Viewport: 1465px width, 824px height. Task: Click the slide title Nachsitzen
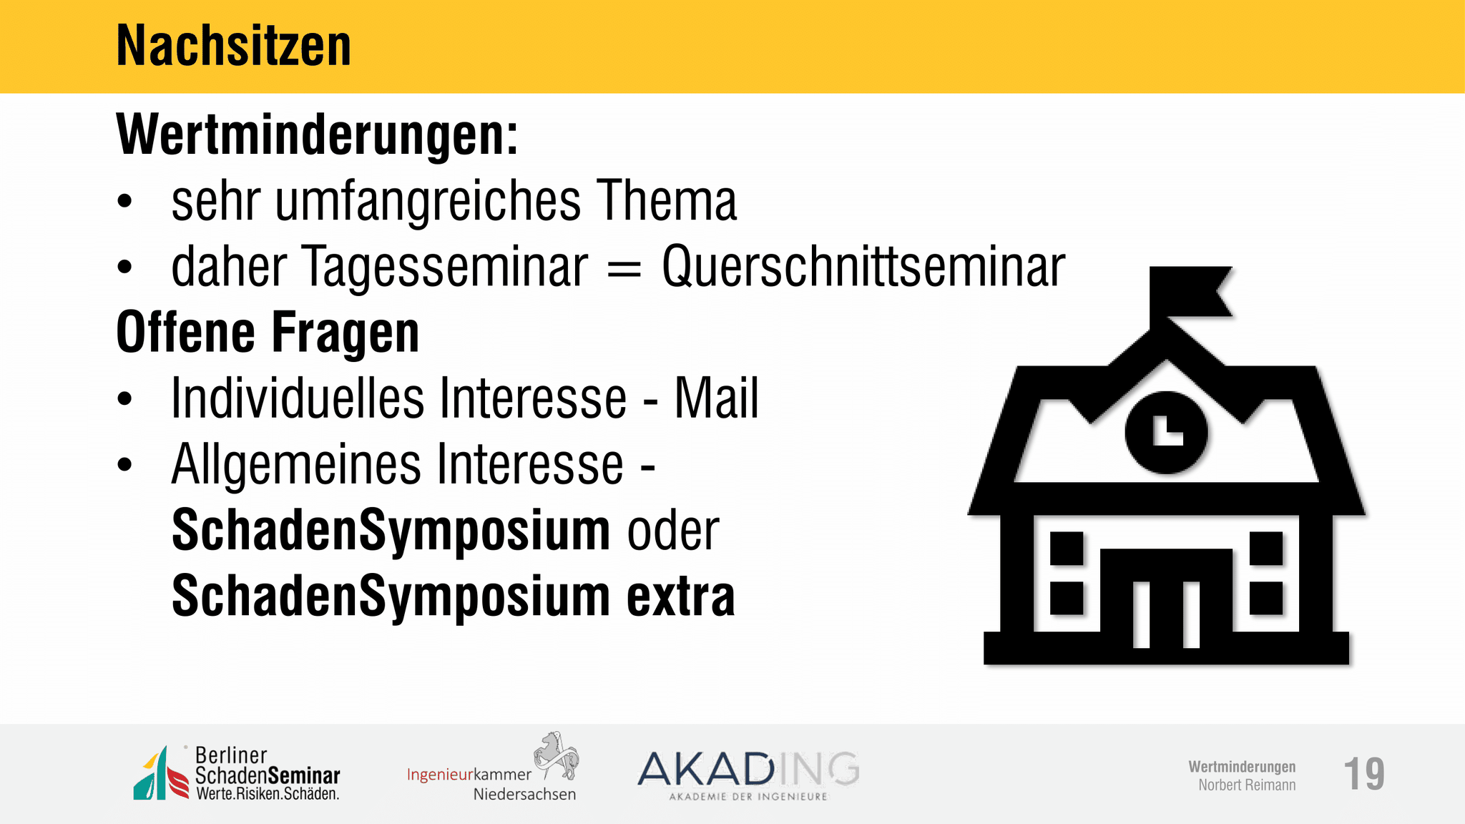tap(233, 46)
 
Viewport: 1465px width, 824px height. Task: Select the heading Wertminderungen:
tap(317, 134)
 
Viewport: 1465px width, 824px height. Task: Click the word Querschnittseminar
tap(863, 267)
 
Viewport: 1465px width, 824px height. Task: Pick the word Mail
tap(716, 398)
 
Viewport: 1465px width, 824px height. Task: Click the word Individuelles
tap(298, 398)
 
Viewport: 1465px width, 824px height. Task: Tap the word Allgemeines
tap(296, 465)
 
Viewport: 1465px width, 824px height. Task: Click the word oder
tap(673, 531)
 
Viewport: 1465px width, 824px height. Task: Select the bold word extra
tap(681, 597)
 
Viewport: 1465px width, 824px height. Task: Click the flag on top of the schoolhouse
tap(1189, 293)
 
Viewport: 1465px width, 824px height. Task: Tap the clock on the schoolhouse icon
tap(1166, 432)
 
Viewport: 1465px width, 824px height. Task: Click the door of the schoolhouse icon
tap(1166, 597)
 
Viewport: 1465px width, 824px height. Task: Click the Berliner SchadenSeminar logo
tap(237, 773)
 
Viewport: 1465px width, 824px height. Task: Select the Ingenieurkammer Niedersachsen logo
tap(493, 767)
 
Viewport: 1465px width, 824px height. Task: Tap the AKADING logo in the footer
tap(748, 775)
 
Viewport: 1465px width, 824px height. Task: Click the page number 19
tap(1364, 774)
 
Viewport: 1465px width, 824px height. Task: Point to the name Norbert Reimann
tap(1247, 785)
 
